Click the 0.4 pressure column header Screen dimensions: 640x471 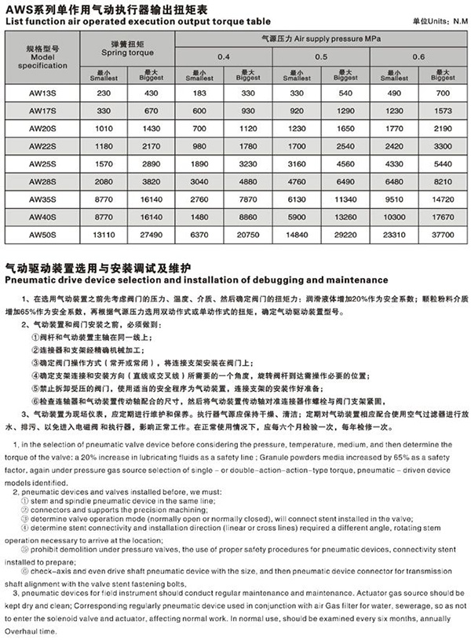tap(224, 57)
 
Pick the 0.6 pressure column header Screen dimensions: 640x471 tap(417, 57)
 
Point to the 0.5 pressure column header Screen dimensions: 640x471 tap(321, 57)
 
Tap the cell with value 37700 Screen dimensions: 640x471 tap(442, 232)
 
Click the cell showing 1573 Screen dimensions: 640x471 tap(442, 111)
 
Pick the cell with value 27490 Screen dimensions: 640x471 tap(150, 232)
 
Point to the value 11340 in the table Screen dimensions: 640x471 tap(345, 198)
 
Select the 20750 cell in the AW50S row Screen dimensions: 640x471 tap(247, 232)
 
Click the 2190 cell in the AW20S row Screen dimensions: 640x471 tap(442, 128)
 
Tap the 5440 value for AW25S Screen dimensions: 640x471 tap(442, 163)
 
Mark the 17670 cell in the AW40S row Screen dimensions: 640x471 tap(442, 215)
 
